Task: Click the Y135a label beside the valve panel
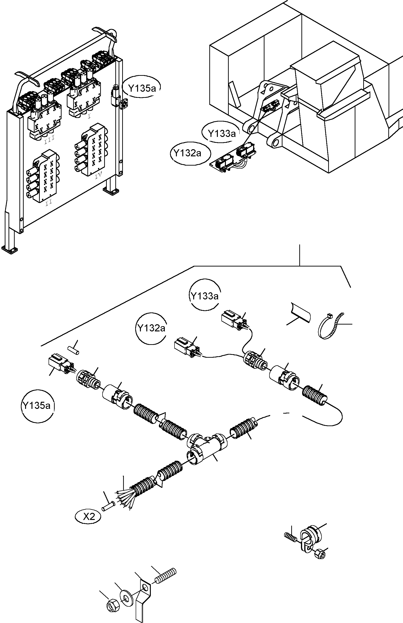(142, 88)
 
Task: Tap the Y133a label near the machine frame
(221, 134)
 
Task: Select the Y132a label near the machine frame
(187, 153)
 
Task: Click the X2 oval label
(89, 516)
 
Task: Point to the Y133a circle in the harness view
(204, 296)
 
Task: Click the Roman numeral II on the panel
(49, 202)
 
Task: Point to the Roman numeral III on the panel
(49, 137)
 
